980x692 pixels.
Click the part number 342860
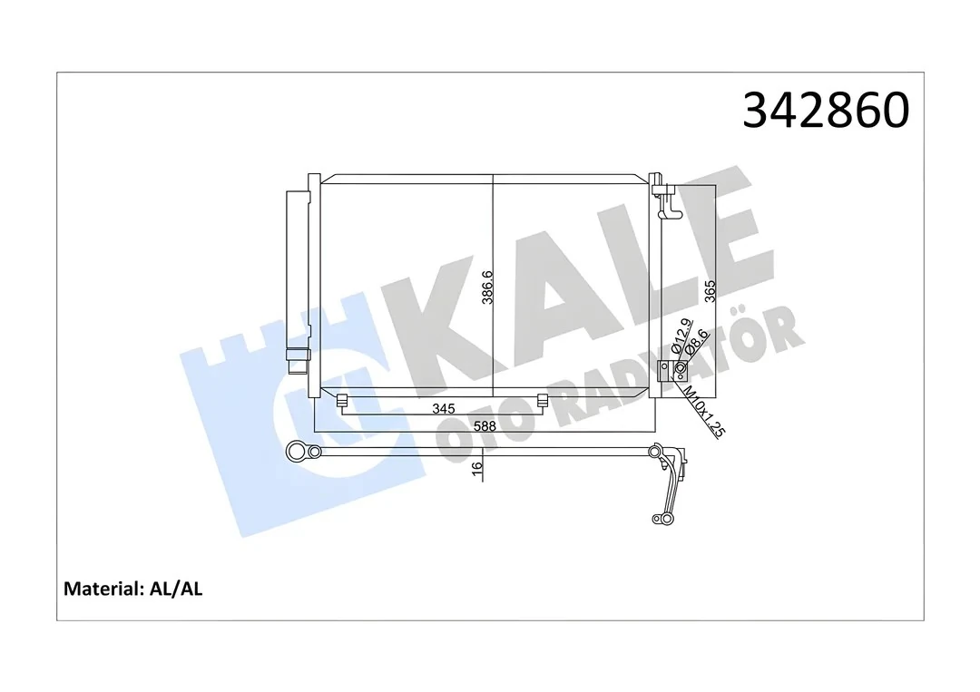point(825,111)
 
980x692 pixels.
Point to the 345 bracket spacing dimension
point(443,409)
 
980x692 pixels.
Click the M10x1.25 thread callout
point(703,413)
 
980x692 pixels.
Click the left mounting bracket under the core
point(342,401)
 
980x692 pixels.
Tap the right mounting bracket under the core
point(543,401)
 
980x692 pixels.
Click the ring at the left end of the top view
point(296,451)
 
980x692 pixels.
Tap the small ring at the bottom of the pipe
point(658,520)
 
